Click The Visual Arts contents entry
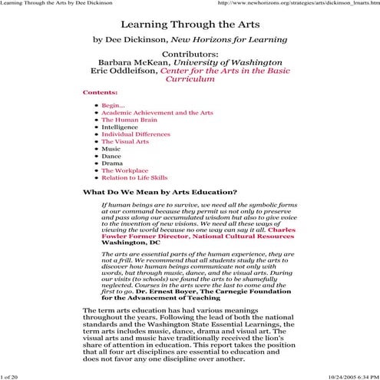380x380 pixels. point(125,164)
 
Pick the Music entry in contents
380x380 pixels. point(111,171)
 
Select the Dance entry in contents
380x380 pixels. point(111,179)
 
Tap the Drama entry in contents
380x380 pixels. point(112,187)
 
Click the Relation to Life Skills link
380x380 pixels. point(134,201)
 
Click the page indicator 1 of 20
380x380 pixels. point(13,377)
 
